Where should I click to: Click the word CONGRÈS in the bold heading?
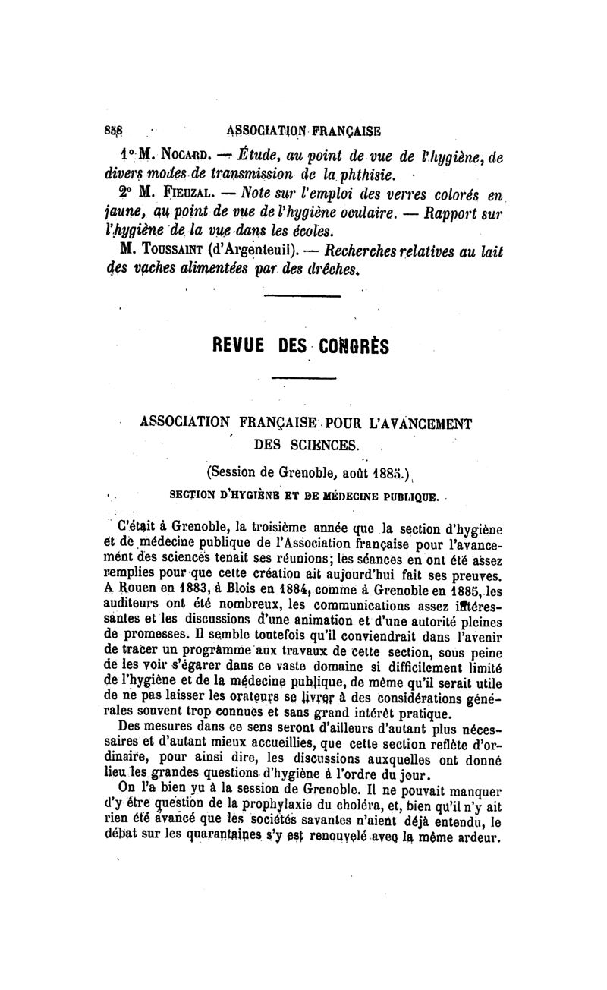(355, 345)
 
